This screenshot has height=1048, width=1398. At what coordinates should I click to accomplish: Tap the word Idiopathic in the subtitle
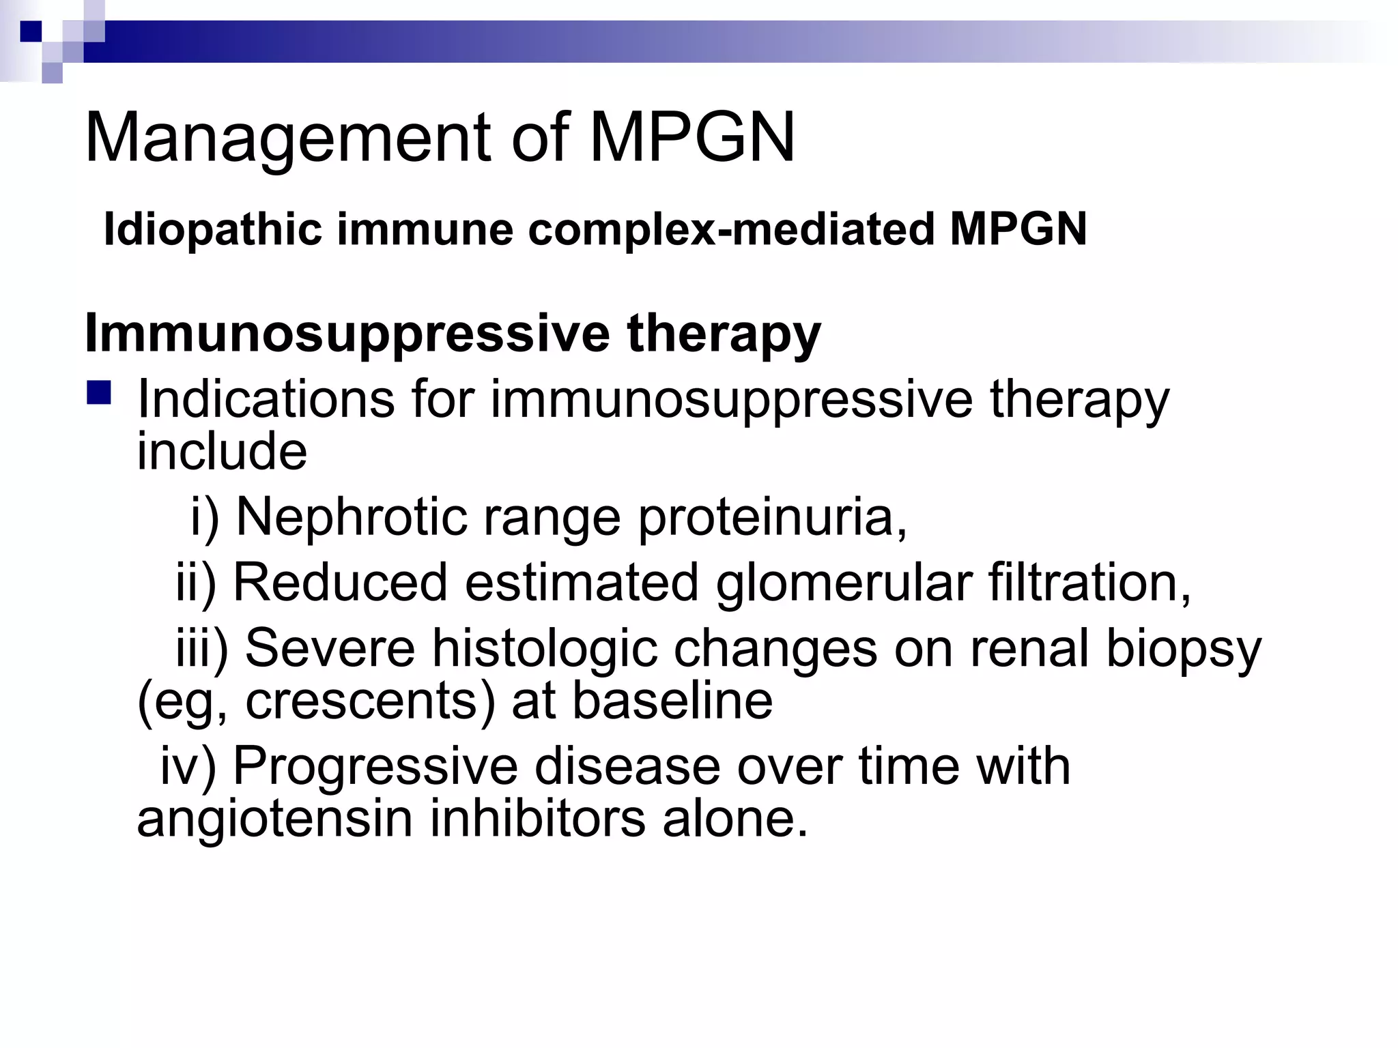point(212,229)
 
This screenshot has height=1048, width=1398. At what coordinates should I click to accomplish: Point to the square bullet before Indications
point(99,394)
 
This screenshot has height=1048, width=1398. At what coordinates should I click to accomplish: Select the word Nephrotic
point(351,516)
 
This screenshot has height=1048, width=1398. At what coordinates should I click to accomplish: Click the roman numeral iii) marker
point(202,647)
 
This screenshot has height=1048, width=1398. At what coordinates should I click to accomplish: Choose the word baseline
point(672,701)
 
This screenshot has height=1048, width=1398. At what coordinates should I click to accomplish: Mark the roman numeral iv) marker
point(188,766)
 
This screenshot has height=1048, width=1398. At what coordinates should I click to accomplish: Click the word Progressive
point(375,766)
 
